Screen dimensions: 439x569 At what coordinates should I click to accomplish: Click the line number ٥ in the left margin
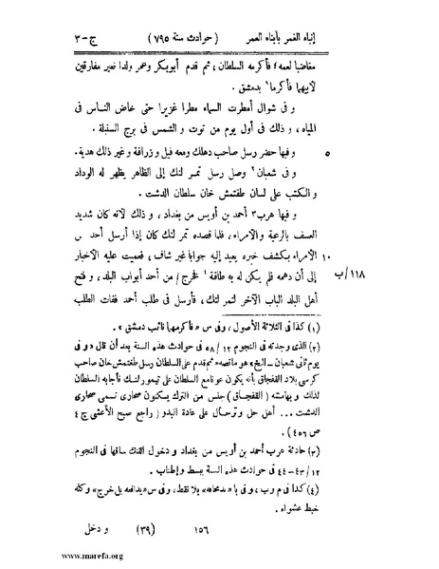pos(47,150)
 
